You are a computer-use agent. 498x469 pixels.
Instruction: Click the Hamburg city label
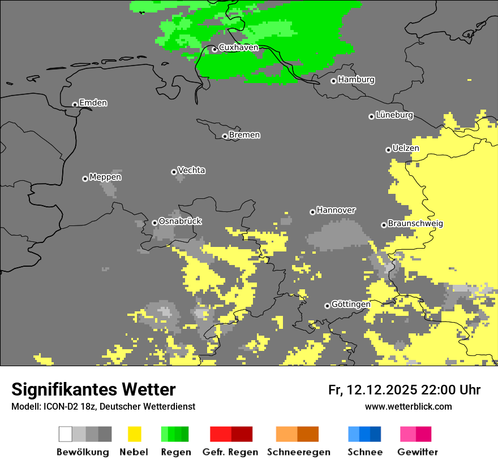(356, 80)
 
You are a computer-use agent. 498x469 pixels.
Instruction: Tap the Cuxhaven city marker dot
(214, 49)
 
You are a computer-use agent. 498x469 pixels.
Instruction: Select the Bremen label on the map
(244, 135)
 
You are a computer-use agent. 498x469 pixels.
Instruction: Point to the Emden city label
(93, 103)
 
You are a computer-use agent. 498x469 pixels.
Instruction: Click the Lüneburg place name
(394, 115)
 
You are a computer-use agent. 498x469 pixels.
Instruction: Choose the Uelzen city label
(406, 148)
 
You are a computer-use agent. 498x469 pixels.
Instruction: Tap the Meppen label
(105, 177)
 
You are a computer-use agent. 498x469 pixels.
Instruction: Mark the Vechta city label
(191, 170)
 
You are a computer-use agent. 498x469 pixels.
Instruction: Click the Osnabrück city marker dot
(154, 223)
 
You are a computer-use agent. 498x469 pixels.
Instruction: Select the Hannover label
(336, 210)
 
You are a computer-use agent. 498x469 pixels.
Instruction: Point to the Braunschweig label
(415, 223)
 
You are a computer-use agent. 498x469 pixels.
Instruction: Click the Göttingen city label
(351, 304)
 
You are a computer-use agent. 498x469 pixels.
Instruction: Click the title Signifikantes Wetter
(93, 389)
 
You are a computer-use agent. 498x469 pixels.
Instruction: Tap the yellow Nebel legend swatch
(134, 434)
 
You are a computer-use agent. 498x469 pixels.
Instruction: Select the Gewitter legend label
(418, 452)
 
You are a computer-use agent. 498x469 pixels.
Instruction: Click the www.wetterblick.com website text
(408, 406)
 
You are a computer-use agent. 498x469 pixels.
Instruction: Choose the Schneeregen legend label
(299, 452)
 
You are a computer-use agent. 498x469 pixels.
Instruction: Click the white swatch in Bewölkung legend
(66, 434)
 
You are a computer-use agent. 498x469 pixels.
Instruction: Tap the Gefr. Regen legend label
(230, 452)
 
